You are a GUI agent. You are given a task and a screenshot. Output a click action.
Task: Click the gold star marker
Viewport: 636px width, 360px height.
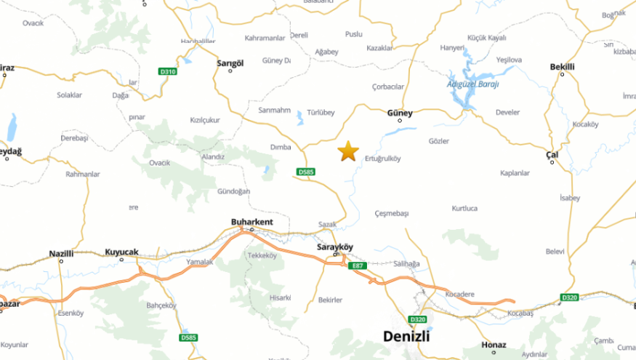pyautogui.click(x=348, y=151)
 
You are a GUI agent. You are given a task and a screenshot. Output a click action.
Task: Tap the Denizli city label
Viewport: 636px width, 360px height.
pyautogui.click(x=406, y=337)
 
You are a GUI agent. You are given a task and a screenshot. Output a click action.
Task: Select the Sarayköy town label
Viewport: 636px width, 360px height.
pyautogui.click(x=335, y=247)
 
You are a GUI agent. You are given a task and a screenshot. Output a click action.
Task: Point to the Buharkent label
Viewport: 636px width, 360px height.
pyautogui.click(x=251, y=222)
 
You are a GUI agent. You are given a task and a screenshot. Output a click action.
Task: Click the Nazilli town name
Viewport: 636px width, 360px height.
pyautogui.click(x=62, y=253)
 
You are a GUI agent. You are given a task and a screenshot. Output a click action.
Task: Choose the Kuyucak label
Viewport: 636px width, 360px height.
pyautogui.click(x=121, y=252)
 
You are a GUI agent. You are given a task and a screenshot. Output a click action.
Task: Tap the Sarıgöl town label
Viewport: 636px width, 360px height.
pyautogui.click(x=230, y=63)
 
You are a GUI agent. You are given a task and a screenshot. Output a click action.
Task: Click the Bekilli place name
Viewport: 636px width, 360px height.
pyautogui.click(x=562, y=67)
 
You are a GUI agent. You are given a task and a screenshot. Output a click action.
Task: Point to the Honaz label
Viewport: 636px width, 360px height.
pyautogui.click(x=494, y=345)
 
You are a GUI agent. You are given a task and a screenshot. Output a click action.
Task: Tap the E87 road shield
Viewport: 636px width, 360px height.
pyautogui.click(x=357, y=266)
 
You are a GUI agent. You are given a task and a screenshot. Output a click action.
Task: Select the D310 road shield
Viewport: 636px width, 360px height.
pyautogui.click(x=168, y=71)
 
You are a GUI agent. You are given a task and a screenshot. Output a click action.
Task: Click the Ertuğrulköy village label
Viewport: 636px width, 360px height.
pyautogui.click(x=382, y=159)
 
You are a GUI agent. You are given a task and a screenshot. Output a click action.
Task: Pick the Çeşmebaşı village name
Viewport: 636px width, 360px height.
pyautogui.click(x=392, y=213)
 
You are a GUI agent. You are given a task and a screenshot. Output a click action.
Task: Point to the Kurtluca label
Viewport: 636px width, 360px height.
pyautogui.click(x=464, y=208)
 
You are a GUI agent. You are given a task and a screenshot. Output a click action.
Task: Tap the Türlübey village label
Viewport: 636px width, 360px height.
pyautogui.click(x=321, y=112)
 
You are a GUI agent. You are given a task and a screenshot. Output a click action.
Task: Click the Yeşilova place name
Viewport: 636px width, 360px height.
pyautogui.click(x=509, y=60)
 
